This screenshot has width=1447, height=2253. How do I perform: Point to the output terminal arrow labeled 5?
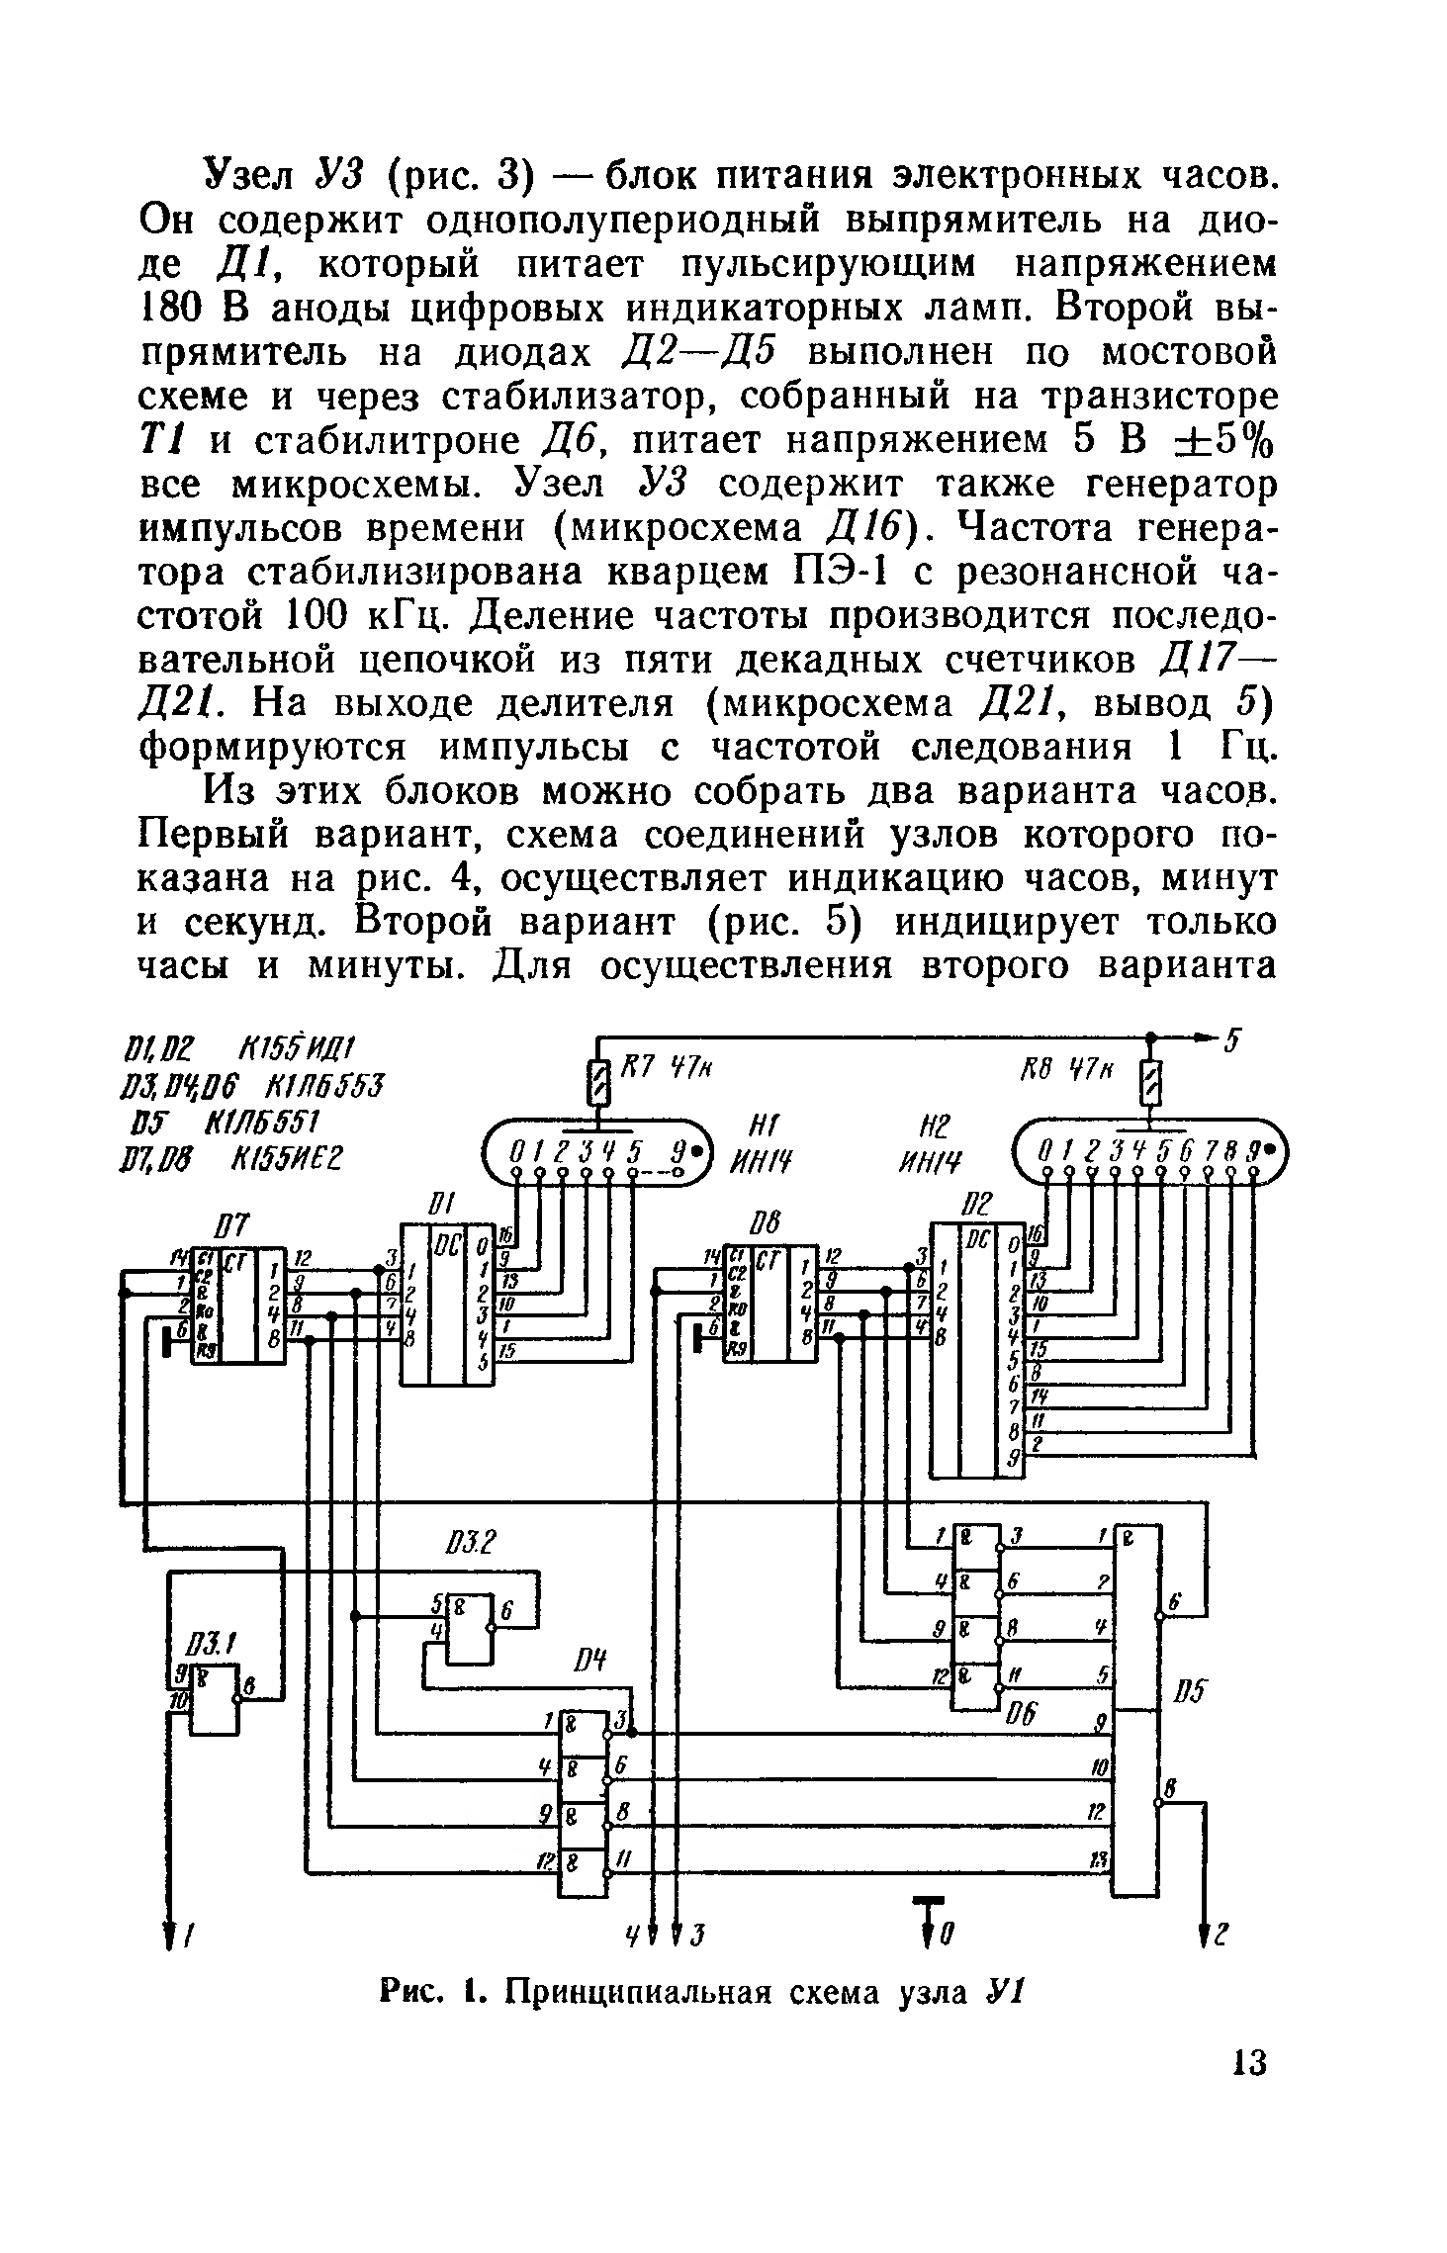tap(1215, 1038)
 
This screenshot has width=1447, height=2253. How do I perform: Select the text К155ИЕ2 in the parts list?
tap(286, 1157)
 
